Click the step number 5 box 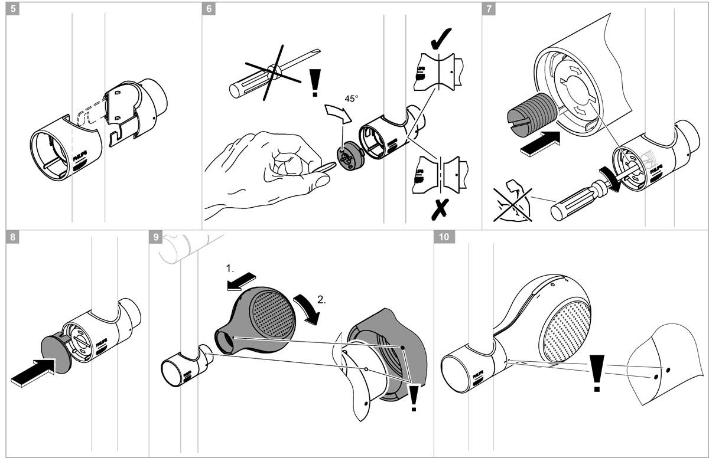(x=13, y=9)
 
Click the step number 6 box (x=209, y=9)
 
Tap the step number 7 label (x=489, y=9)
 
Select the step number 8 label (x=13, y=237)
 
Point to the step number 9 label (x=155, y=237)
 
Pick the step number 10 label (x=444, y=237)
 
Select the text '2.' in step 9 (x=321, y=299)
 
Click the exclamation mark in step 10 (x=598, y=373)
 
